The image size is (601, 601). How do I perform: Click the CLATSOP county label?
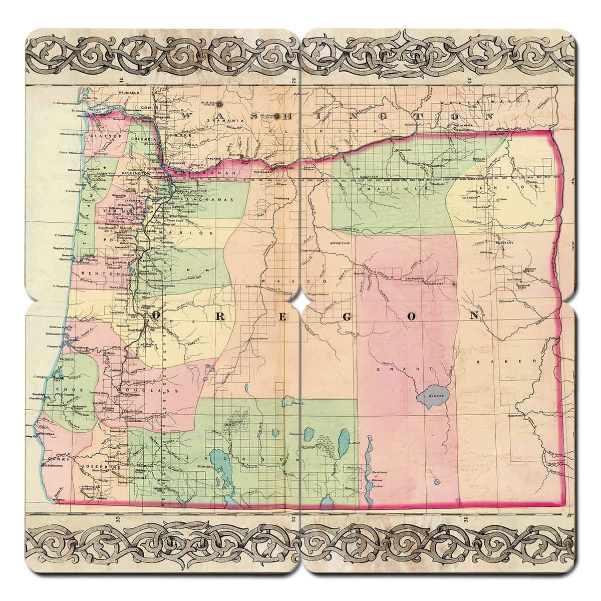click(x=103, y=135)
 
